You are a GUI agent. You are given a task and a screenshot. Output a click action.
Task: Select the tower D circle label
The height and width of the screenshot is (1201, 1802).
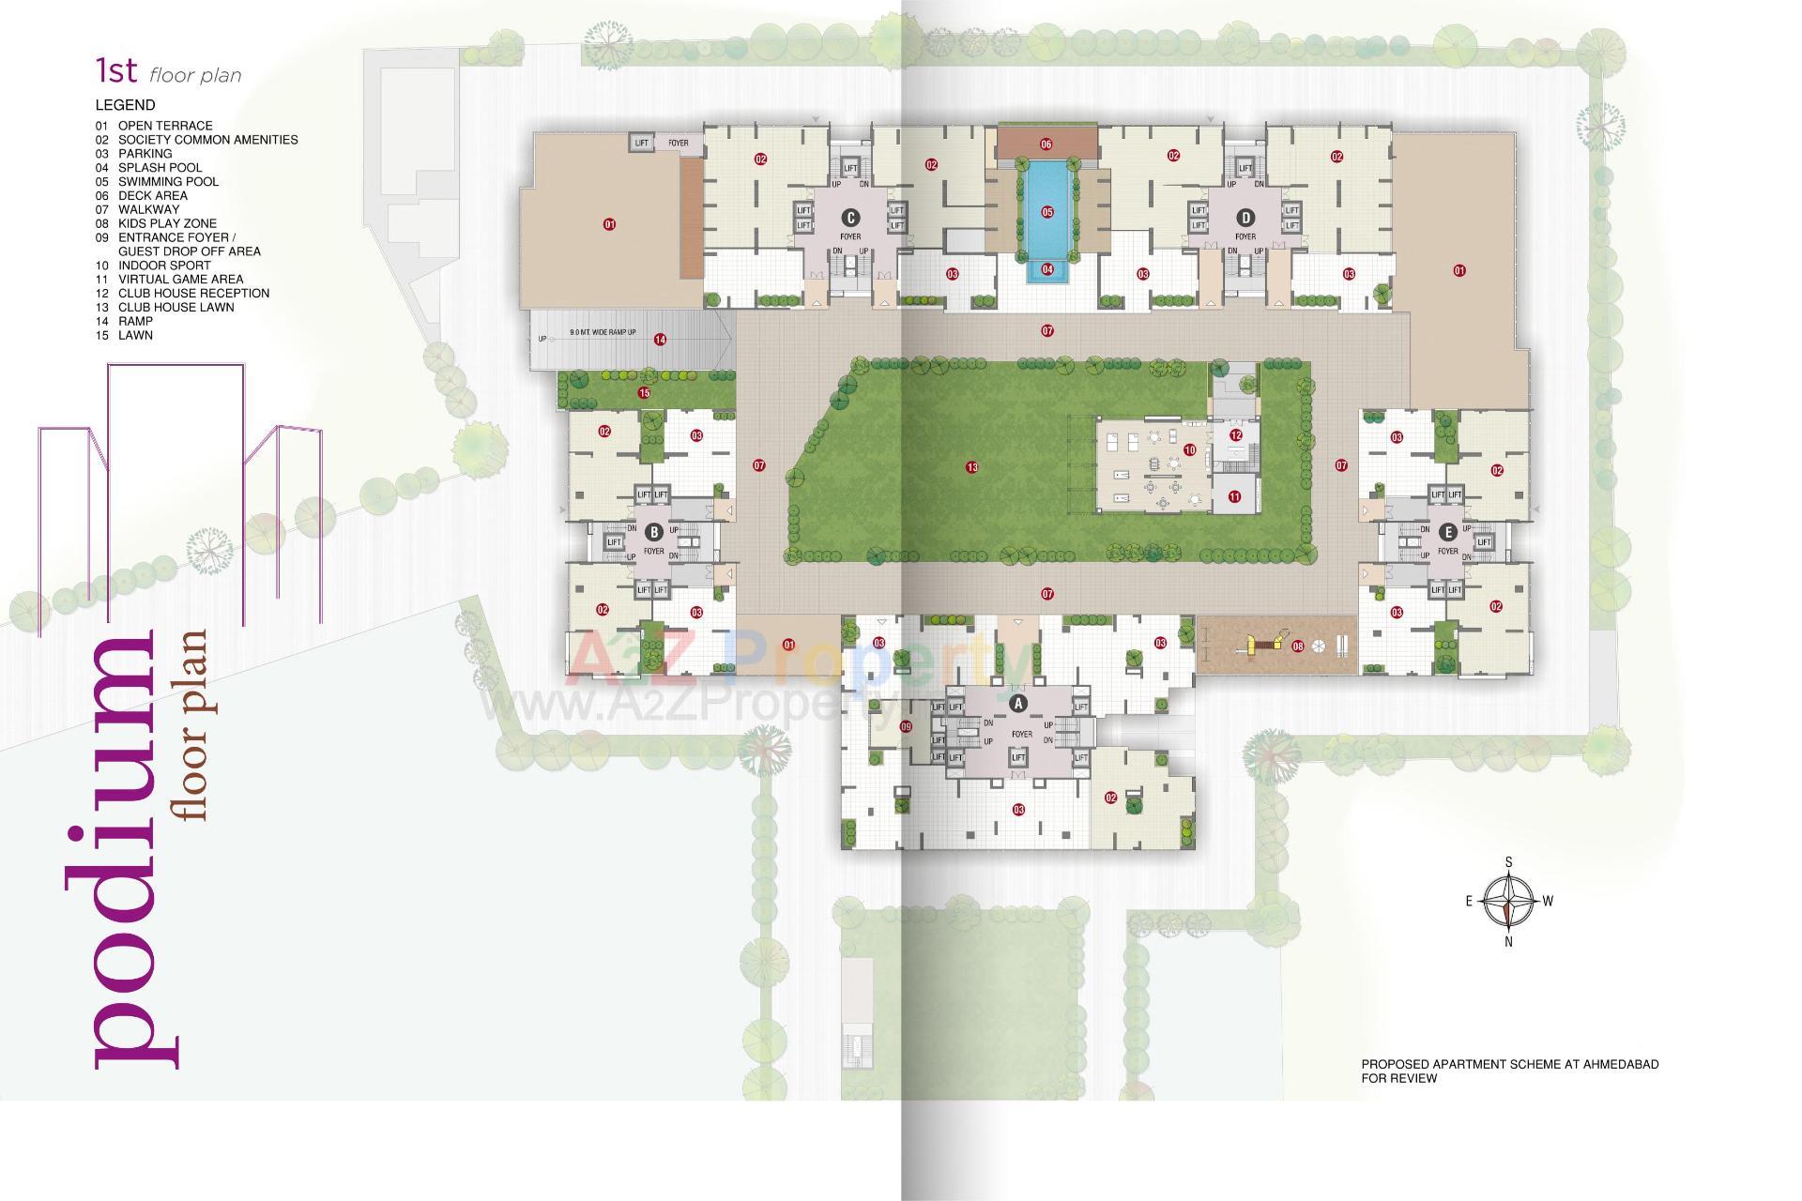click(x=1245, y=215)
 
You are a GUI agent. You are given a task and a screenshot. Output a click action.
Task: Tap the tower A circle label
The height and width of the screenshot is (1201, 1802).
click(x=1019, y=702)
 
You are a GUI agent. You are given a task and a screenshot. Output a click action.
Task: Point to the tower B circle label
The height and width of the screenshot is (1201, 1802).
click(x=654, y=532)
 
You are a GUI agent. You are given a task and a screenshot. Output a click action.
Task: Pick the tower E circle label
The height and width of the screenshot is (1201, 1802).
click(x=1448, y=532)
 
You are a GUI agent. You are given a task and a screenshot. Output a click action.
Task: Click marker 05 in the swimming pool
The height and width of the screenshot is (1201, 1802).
click(x=1047, y=212)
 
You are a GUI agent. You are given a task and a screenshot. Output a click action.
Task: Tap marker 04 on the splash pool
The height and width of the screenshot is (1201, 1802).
click(x=1047, y=269)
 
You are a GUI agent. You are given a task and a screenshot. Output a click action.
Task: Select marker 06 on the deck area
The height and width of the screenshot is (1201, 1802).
click(x=1046, y=144)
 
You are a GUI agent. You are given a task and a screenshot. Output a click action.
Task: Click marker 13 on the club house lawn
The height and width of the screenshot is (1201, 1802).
click(x=971, y=467)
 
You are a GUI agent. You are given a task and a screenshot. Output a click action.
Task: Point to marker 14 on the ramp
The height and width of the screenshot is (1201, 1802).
click(x=660, y=340)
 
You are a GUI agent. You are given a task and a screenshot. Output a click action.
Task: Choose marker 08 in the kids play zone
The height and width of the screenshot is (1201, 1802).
click(x=1298, y=646)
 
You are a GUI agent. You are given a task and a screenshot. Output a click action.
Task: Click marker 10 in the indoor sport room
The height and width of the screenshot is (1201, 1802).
click(x=1189, y=450)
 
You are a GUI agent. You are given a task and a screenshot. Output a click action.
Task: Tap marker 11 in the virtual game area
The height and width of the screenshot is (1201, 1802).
click(x=1234, y=497)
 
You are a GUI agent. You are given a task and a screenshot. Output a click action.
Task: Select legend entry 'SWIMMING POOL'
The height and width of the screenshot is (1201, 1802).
click(x=168, y=182)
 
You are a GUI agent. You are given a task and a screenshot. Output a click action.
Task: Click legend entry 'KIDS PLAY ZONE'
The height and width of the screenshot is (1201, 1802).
click(x=167, y=223)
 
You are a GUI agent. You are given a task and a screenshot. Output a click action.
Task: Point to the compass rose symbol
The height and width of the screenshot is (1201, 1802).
click(x=1508, y=901)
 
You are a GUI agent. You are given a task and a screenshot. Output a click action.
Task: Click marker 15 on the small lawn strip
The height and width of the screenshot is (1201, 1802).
click(x=644, y=392)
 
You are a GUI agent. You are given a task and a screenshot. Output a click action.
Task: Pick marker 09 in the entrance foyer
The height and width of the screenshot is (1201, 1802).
click(x=906, y=726)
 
